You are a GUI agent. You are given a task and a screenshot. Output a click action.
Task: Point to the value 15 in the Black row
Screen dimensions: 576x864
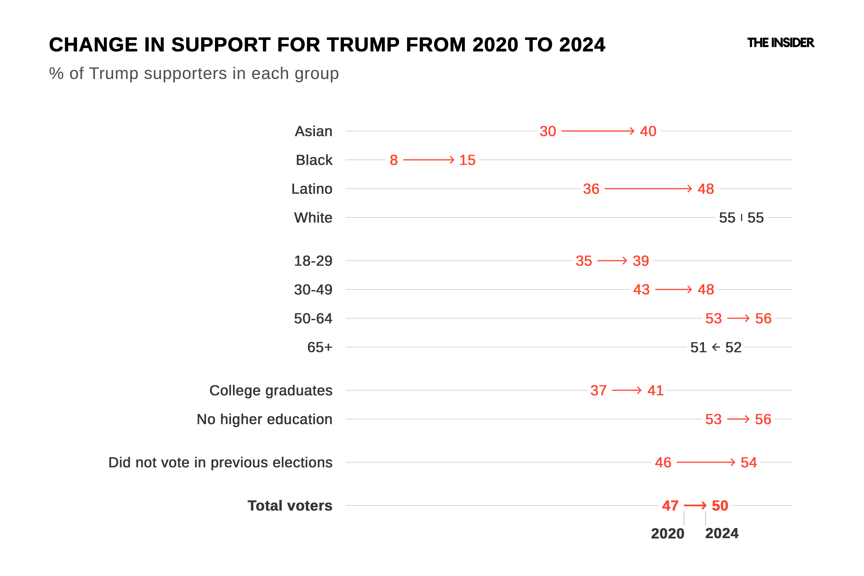coord(467,160)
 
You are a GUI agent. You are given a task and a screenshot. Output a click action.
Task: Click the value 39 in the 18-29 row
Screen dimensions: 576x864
coord(641,261)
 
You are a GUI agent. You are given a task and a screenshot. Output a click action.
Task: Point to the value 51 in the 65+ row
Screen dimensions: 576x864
coord(698,347)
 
